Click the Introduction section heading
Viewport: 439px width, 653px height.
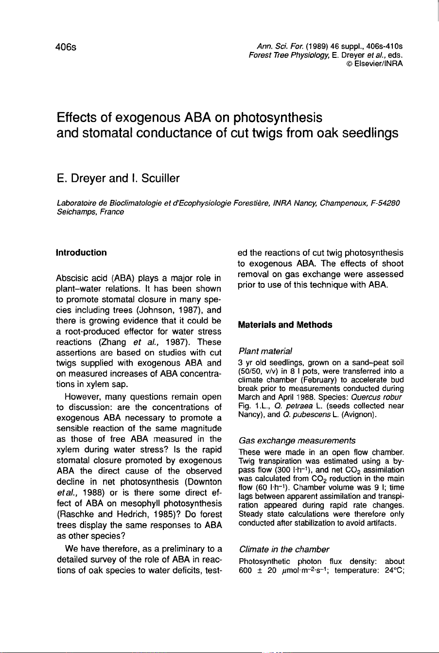point(81,253)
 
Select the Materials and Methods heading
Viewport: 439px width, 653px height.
point(285,325)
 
